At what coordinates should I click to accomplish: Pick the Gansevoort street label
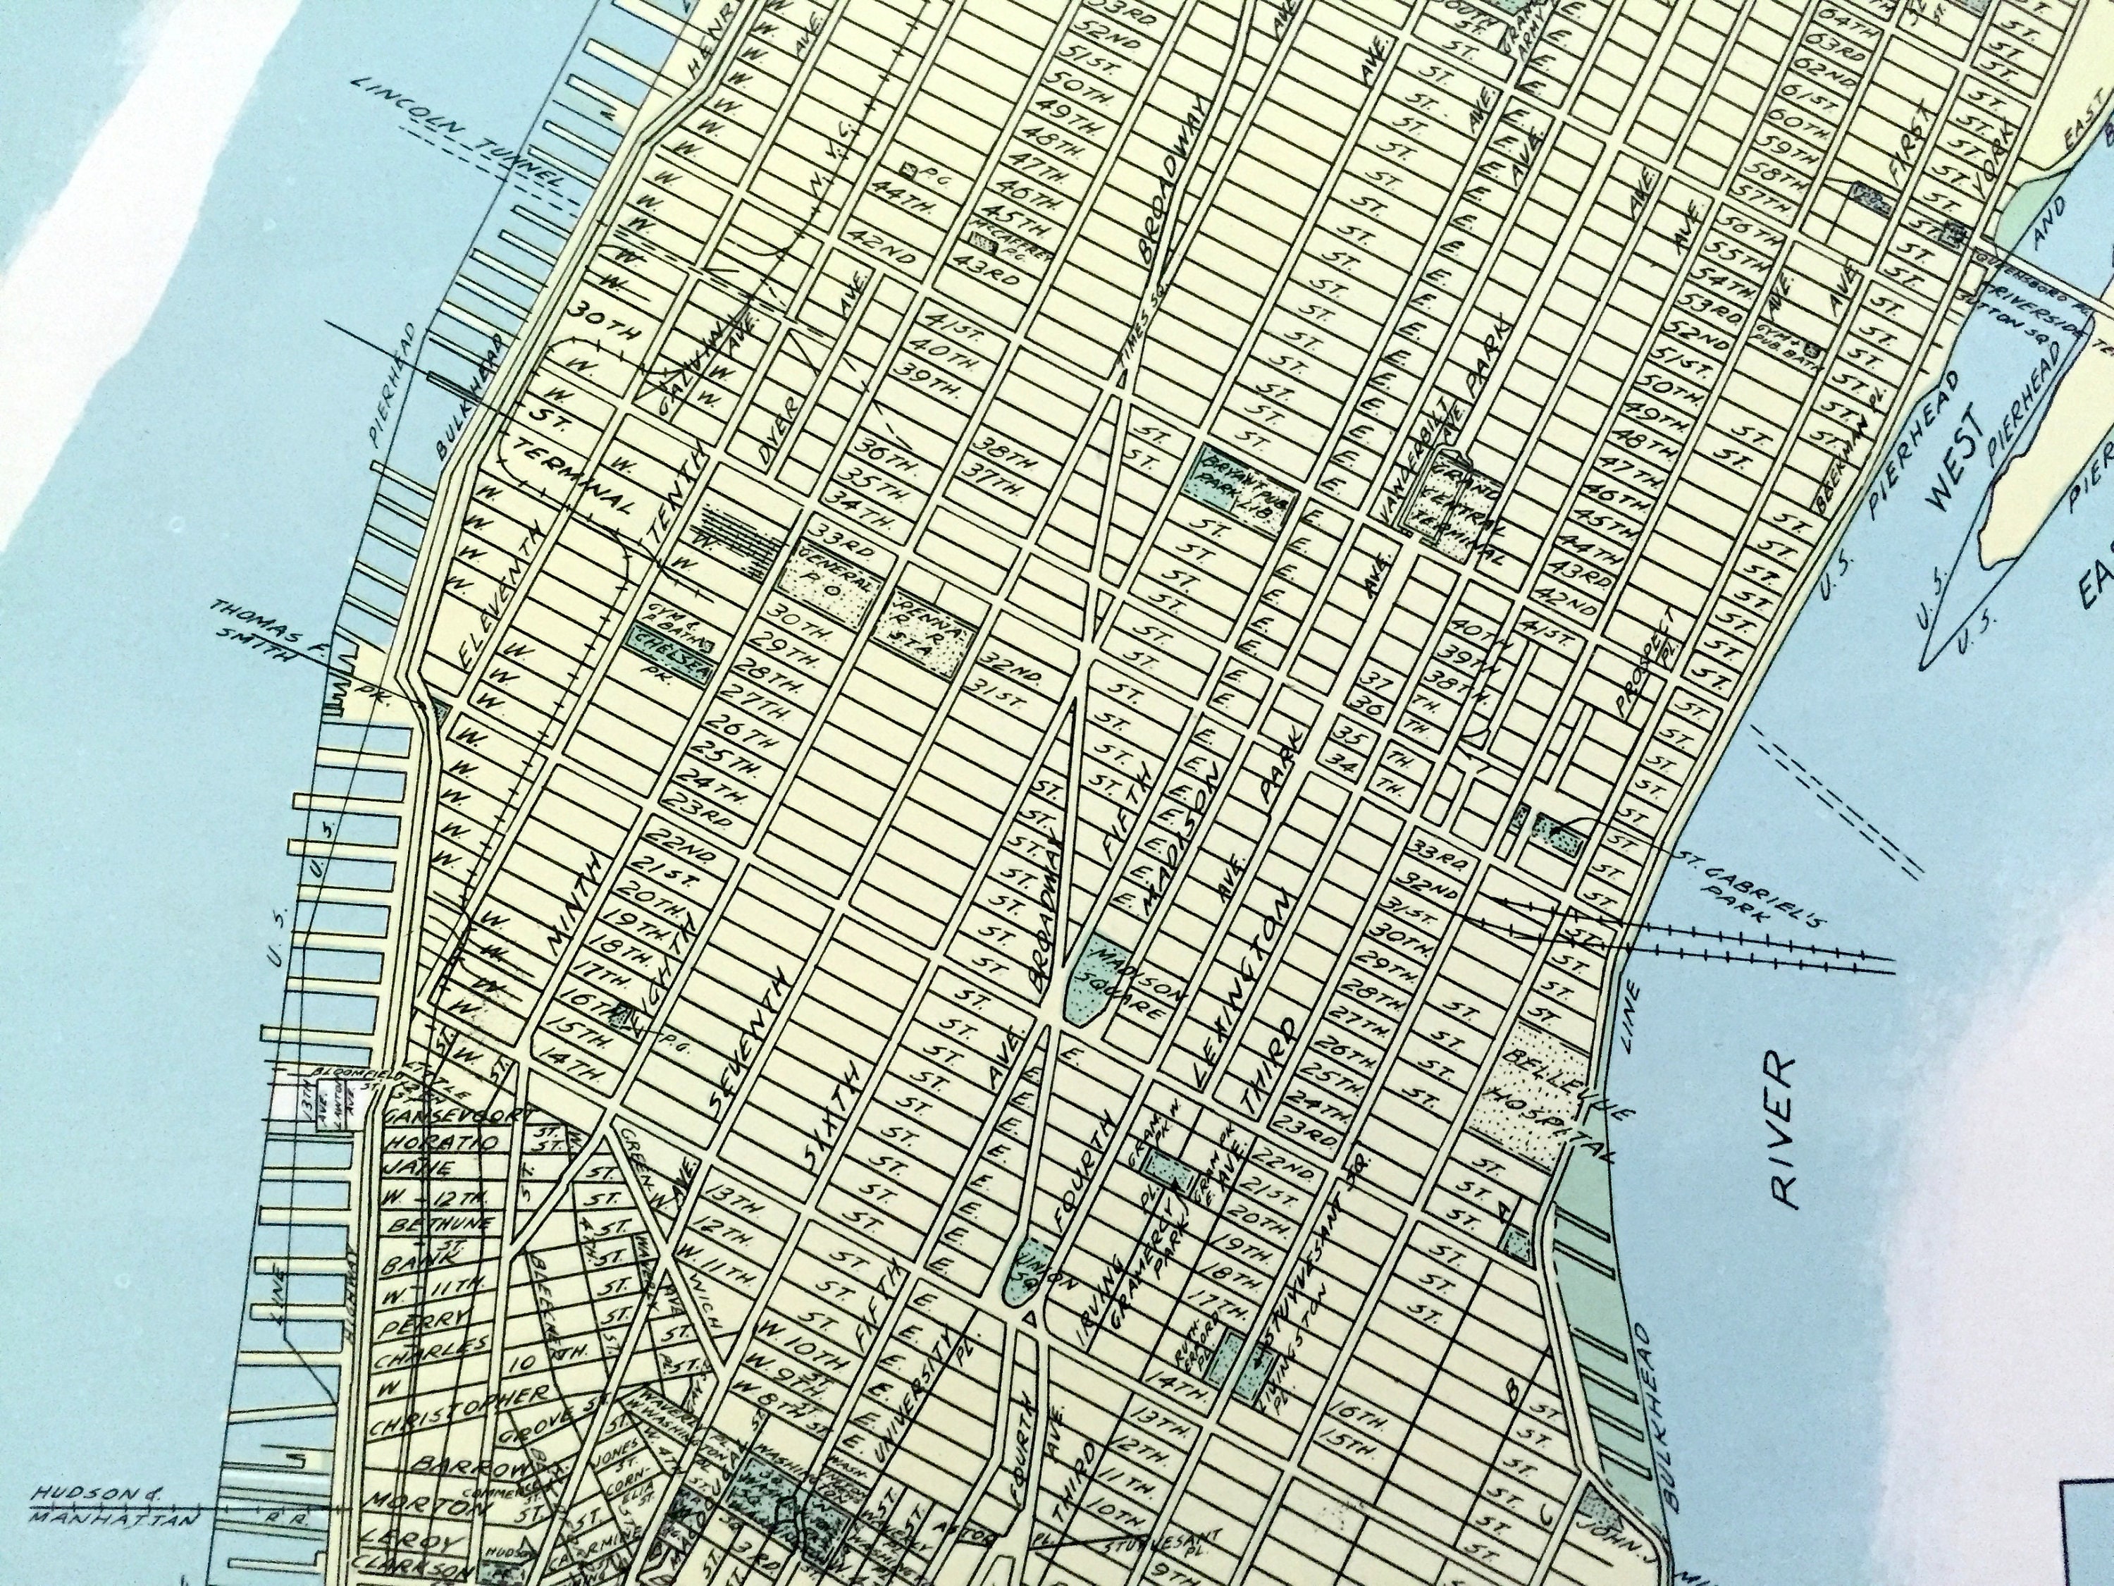[x=450, y=1117]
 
